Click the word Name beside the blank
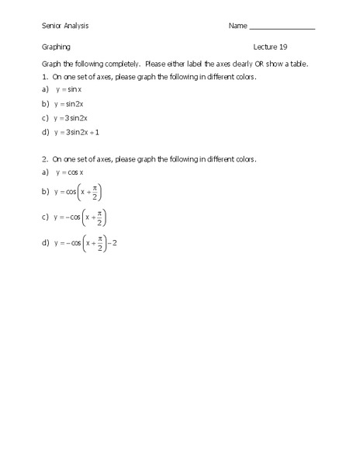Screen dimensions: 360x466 coord(237,26)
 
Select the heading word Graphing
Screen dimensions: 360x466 coord(56,47)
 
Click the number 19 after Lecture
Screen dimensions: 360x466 coord(282,47)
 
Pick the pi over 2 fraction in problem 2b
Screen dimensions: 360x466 coord(95,191)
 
